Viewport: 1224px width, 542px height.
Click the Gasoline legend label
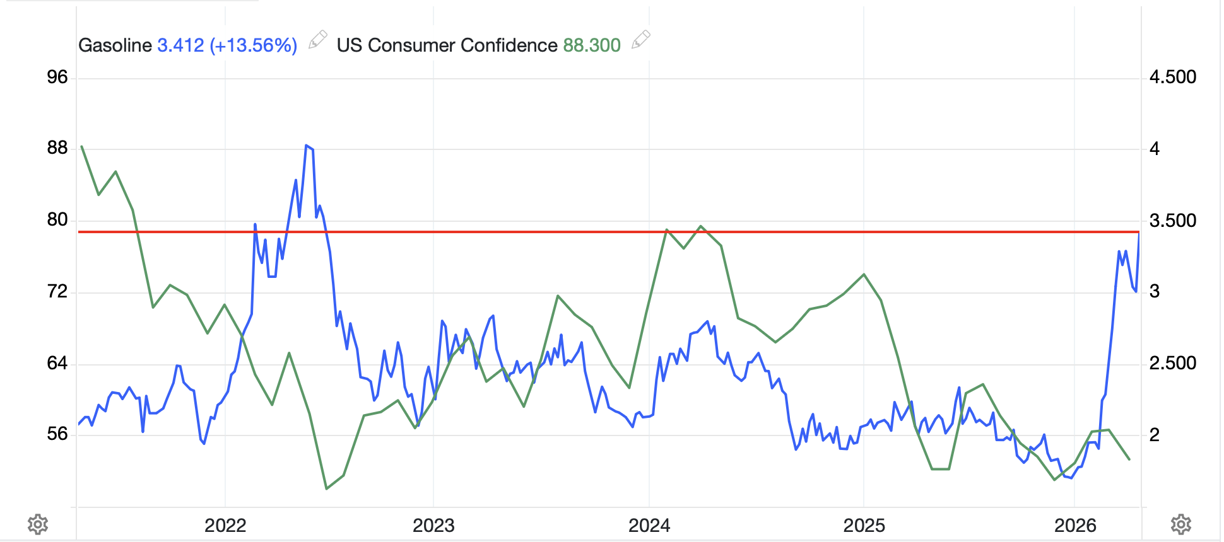coord(115,45)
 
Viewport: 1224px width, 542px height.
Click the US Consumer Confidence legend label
coord(447,45)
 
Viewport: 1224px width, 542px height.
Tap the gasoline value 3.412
coord(180,45)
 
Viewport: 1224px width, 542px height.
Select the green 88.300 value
coord(592,45)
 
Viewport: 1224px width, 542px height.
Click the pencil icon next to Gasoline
coord(317,40)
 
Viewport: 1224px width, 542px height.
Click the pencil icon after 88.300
coord(640,40)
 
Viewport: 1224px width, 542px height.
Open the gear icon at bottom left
coord(38,524)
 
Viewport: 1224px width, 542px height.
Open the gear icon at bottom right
coord(1181,524)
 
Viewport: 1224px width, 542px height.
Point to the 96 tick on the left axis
coord(57,78)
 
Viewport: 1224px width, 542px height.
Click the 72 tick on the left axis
coord(57,292)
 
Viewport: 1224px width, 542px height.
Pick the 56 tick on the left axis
coord(57,434)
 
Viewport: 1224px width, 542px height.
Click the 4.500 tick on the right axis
coord(1172,78)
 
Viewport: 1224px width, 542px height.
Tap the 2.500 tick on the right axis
coord(1172,364)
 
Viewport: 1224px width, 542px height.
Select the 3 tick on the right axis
coord(1155,292)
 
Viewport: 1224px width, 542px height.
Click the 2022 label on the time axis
coord(225,526)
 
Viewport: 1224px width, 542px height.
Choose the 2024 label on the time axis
coord(649,526)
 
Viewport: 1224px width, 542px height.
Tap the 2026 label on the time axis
coord(1075,526)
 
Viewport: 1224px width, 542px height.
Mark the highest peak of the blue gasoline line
coord(306,146)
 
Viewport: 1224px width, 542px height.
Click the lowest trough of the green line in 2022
coord(326,488)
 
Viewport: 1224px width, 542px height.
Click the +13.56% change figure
coord(254,45)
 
